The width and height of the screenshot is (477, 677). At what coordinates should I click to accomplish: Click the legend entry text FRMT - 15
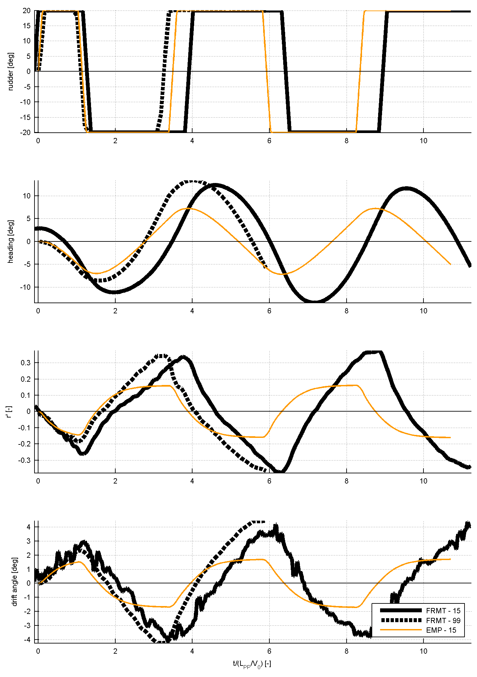[x=443, y=611]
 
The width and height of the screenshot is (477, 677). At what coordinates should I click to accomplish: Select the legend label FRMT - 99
[x=443, y=621]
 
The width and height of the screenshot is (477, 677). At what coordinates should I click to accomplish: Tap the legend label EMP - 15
[x=441, y=630]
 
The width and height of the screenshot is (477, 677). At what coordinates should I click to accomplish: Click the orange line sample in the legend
[x=400, y=630]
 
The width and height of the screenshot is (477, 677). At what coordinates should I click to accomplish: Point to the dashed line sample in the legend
[x=400, y=620]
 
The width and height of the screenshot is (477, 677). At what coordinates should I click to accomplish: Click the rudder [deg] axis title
[x=11, y=71]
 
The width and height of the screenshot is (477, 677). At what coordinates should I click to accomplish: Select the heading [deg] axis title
[x=11, y=241]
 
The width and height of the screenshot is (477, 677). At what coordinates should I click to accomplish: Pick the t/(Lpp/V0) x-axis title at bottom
[x=252, y=664]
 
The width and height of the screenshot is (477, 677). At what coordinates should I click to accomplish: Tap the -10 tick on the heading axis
[x=25, y=287]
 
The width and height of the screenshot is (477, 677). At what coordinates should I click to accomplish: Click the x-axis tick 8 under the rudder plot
[x=346, y=141]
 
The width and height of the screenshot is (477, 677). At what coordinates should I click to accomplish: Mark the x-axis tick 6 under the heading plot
[x=269, y=311]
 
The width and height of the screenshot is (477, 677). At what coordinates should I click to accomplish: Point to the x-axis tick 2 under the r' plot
[x=115, y=481]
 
